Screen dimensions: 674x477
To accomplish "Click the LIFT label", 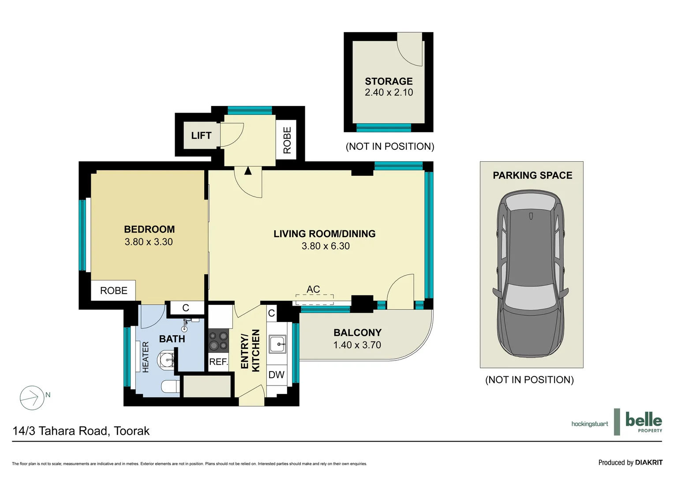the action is pyautogui.click(x=201, y=136).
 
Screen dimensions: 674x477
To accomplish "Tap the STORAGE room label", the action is pyautogui.click(x=389, y=81).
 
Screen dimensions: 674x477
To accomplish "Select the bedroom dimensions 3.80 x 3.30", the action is pyautogui.click(x=149, y=242).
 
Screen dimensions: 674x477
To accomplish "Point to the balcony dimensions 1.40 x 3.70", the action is pyautogui.click(x=357, y=344).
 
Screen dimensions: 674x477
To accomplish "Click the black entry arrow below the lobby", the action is pyautogui.click(x=248, y=171).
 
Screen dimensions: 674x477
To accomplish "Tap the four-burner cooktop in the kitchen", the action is pyautogui.click(x=218, y=341).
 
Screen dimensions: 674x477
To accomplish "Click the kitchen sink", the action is pyautogui.click(x=278, y=344).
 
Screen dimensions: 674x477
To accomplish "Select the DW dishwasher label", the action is pyautogui.click(x=276, y=375).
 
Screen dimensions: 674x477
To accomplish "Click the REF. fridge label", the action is pyautogui.click(x=219, y=362).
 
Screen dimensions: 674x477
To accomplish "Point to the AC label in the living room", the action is pyautogui.click(x=313, y=289).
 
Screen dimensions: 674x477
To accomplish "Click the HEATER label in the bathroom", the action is pyautogui.click(x=146, y=357).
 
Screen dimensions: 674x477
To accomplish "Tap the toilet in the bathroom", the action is pyautogui.click(x=171, y=386).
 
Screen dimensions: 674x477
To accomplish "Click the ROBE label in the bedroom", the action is pyautogui.click(x=114, y=291).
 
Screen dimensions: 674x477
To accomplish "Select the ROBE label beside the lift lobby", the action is pyautogui.click(x=287, y=140).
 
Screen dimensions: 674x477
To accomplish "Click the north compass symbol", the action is pyautogui.click(x=32, y=398).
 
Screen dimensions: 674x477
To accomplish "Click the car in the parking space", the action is pyautogui.click(x=531, y=273).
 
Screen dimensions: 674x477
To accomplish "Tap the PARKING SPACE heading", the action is pyautogui.click(x=532, y=175).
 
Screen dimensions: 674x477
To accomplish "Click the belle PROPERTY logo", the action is pyautogui.click(x=644, y=421).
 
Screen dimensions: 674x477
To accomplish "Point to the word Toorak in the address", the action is pyautogui.click(x=132, y=431).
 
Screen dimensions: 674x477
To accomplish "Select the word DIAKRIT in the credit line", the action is pyautogui.click(x=649, y=462).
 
